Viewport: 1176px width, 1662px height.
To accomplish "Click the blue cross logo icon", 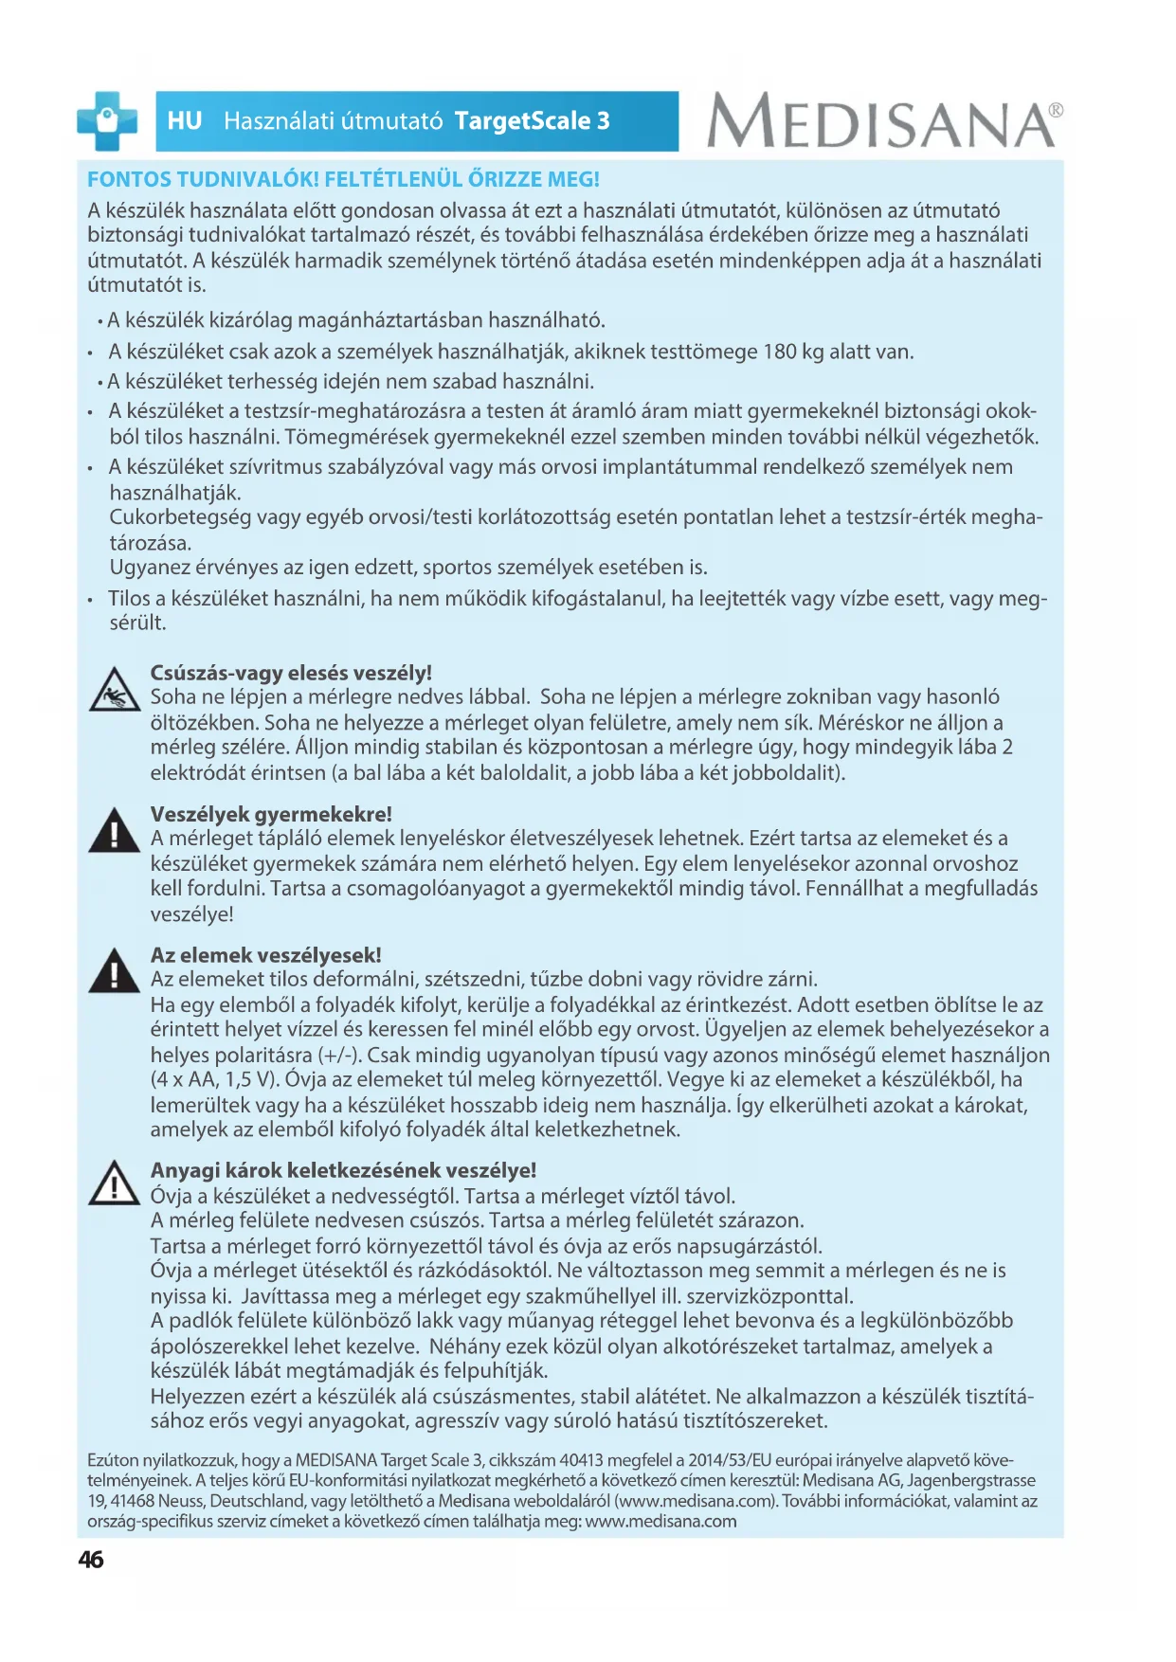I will [106, 121].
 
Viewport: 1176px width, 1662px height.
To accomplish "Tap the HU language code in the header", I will [185, 121].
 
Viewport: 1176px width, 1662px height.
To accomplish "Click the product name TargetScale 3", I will [532, 121].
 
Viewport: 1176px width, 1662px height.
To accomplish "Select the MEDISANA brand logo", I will [880, 121].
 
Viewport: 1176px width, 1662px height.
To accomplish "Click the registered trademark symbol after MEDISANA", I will [1056, 110].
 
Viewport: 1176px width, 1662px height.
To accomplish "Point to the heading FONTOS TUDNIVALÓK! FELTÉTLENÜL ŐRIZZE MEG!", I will [343, 179].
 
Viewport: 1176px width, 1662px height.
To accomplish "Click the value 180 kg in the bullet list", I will [793, 352].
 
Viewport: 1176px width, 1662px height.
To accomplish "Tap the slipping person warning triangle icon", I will [114, 690].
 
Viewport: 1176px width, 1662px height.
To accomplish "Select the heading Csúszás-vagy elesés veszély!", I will [291, 673].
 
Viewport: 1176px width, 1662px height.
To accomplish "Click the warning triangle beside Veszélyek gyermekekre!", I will [114, 831].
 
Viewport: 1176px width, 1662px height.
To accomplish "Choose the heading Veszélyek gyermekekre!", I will [271, 814].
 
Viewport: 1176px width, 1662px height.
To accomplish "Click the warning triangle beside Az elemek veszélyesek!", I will [114, 971].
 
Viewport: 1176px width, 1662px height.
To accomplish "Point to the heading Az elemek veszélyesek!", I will [265, 955].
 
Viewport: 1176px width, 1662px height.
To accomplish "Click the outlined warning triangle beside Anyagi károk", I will [114, 1183].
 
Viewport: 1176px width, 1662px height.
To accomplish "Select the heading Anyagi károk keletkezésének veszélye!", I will [343, 1170].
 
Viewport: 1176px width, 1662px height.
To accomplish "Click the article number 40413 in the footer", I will [581, 1460].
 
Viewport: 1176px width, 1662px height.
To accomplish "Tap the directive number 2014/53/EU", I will [730, 1460].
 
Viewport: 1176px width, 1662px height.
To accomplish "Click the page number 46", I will [91, 1560].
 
